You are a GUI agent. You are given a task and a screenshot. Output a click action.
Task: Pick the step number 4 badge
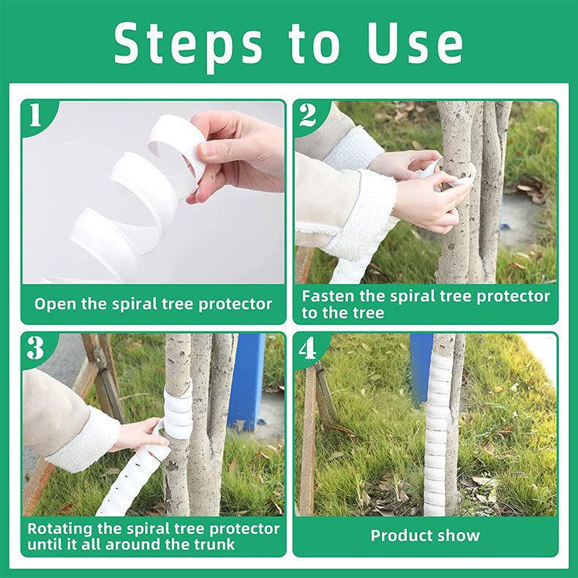pyautogui.click(x=308, y=348)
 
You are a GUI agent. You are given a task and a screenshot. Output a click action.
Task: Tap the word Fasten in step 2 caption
pyautogui.click(x=329, y=296)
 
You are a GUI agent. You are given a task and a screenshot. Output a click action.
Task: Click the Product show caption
pyautogui.click(x=425, y=536)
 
